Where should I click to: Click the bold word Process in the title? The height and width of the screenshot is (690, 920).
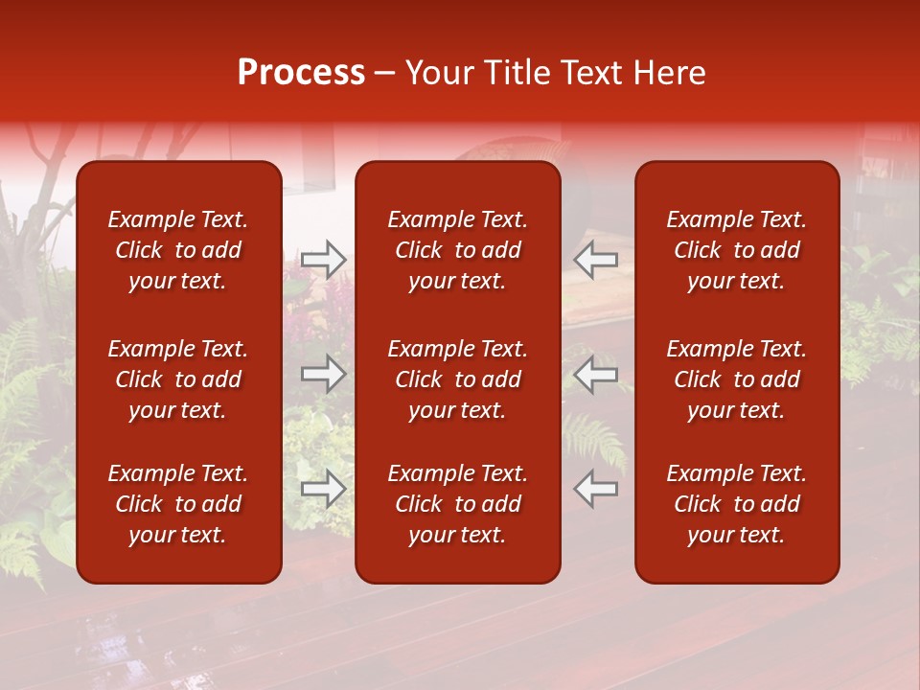(x=301, y=73)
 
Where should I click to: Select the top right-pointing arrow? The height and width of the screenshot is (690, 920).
(x=324, y=260)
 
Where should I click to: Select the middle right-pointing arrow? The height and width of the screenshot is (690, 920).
(x=324, y=375)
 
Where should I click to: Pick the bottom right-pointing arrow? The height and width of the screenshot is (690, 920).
(x=324, y=489)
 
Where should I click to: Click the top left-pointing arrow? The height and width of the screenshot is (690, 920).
(x=596, y=260)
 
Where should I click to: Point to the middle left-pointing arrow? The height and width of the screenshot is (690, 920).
(x=596, y=375)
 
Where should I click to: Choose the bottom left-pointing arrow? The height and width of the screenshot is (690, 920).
(x=596, y=489)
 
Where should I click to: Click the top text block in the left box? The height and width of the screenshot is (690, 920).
(x=178, y=250)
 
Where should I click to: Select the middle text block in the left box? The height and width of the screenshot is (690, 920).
(x=178, y=379)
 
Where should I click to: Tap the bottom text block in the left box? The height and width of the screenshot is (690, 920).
(x=178, y=504)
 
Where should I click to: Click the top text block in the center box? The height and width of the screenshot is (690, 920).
(x=457, y=250)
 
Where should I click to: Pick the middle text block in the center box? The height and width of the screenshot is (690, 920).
(x=457, y=379)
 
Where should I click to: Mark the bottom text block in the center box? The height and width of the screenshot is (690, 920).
(x=457, y=504)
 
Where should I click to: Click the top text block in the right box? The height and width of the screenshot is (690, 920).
(x=736, y=250)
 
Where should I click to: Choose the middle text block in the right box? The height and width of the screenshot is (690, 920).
(x=736, y=379)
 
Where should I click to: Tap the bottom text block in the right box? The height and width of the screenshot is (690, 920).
(x=736, y=504)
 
